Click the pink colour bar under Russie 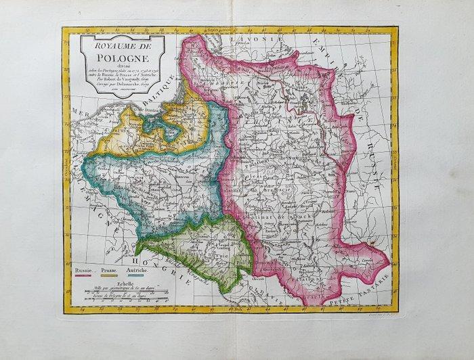point(83,276)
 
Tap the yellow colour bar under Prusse point(110,276)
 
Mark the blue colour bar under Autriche point(138,276)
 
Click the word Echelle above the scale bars point(127,285)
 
